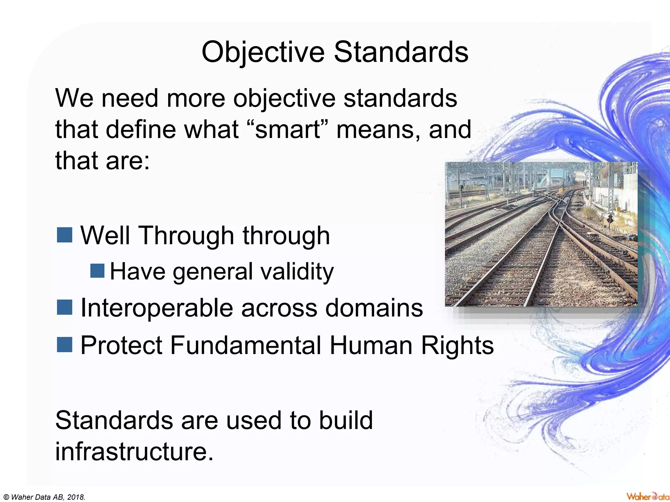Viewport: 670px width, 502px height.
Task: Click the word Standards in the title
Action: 401,52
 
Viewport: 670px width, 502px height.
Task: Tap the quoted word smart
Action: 288,130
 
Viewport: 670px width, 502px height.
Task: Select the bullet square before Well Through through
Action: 64,235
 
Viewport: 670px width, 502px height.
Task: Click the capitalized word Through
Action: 186,235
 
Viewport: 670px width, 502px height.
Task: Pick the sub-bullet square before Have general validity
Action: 97,271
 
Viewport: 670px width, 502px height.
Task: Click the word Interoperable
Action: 156,308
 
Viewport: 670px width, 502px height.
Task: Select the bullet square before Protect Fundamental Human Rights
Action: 64,345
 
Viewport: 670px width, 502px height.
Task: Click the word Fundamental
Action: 245,345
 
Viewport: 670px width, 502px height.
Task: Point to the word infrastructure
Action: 134,451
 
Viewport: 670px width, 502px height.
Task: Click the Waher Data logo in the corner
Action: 647,496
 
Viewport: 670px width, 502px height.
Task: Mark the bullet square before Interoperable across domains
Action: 64,308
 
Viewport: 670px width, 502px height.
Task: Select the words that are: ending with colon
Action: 102,161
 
